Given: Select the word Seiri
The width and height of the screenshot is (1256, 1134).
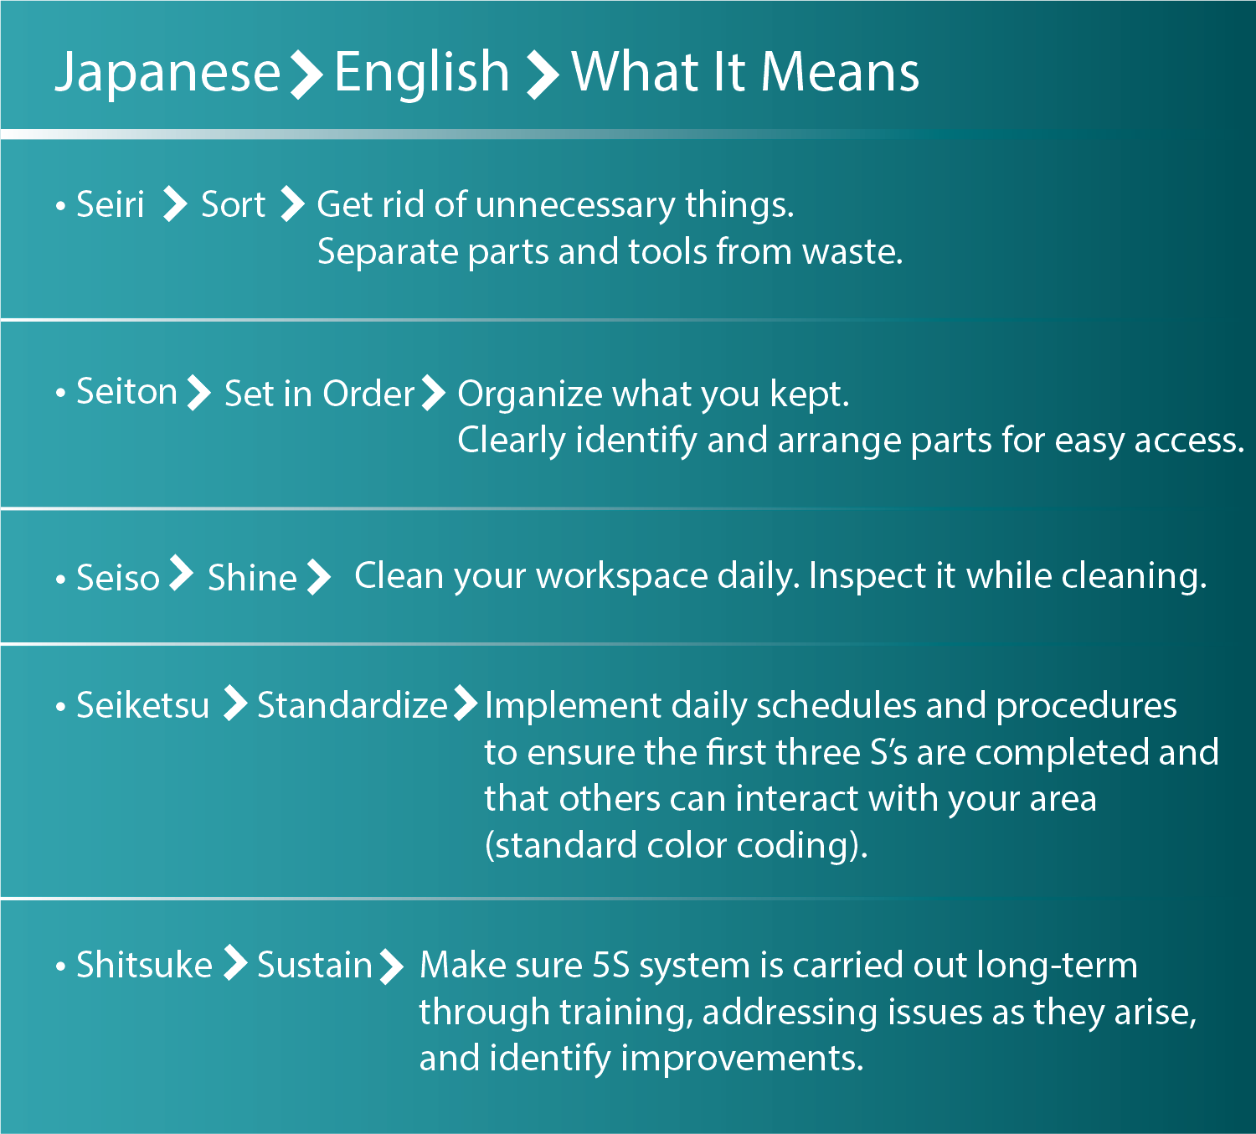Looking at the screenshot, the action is [111, 204].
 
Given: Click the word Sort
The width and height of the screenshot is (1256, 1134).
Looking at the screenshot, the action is [233, 205].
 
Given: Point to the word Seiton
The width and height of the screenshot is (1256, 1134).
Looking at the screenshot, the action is [127, 392].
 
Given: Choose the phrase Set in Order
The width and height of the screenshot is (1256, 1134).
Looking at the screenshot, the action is [319, 394].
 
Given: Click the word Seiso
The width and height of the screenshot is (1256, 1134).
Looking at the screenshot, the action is [118, 578].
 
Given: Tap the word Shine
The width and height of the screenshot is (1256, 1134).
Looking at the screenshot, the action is [252, 577].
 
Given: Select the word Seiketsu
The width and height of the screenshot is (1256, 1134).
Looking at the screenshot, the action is [142, 705].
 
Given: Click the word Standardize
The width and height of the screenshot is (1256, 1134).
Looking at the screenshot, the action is [353, 705].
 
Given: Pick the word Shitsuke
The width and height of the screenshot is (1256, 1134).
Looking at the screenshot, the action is [144, 964].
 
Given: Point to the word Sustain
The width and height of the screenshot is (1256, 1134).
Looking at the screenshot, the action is [315, 965].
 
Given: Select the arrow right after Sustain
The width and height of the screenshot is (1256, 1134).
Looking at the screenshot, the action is [391, 967].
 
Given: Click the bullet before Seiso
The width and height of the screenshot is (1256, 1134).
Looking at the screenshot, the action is [61, 580].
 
